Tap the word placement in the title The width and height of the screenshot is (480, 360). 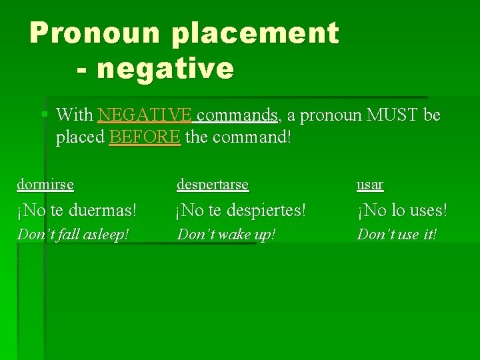click(x=255, y=33)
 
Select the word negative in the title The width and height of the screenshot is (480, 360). click(x=165, y=68)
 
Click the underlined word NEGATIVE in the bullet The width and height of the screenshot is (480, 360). click(x=145, y=115)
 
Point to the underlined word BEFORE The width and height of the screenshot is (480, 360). click(x=145, y=137)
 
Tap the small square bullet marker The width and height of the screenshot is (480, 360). click(x=45, y=115)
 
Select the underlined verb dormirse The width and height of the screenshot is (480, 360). click(x=45, y=184)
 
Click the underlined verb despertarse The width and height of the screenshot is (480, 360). click(x=212, y=184)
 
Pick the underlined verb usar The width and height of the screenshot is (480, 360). click(x=370, y=184)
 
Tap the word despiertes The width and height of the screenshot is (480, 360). click(x=267, y=211)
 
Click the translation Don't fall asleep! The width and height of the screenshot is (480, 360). click(x=73, y=234)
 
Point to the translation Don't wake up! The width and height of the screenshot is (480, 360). click(x=226, y=234)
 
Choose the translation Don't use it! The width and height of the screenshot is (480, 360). click(x=397, y=234)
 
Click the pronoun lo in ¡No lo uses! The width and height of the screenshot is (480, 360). click(x=397, y=211)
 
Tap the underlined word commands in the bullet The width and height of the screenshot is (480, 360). click(x=238, y=115)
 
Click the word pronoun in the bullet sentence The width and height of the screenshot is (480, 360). click(x=327, y=115)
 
